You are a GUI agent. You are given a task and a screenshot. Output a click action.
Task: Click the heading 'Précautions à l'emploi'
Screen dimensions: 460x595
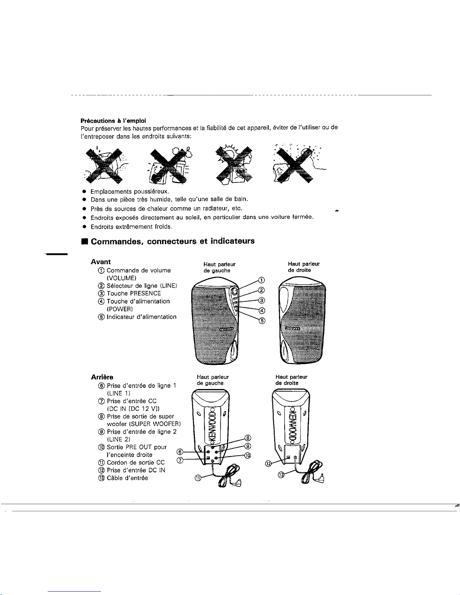click(113, 121)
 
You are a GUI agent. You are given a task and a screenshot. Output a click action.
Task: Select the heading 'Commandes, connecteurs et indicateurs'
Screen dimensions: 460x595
click(172, 241)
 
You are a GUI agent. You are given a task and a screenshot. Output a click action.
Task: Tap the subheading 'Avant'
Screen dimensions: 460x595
click(101, 262)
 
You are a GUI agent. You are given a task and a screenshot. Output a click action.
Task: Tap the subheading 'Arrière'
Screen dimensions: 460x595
click(102, 377)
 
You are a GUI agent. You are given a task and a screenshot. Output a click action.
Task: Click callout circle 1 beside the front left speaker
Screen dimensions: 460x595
click(262, 280)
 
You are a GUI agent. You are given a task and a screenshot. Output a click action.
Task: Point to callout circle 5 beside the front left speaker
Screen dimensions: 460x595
click(262, 321)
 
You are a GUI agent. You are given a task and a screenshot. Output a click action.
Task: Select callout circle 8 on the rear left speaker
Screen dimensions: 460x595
click(248, 438)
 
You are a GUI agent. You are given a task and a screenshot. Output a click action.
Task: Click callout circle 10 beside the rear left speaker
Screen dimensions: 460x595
click(248, 455)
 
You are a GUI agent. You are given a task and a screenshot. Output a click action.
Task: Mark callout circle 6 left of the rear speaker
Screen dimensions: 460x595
click(180, 452)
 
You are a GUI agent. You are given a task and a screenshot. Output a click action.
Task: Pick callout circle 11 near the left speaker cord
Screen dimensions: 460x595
click(198, 478)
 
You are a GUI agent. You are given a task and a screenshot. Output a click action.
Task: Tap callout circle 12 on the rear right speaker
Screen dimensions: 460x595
click(268, 463)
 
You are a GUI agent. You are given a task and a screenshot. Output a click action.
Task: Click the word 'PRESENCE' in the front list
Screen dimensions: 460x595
click(145, 294)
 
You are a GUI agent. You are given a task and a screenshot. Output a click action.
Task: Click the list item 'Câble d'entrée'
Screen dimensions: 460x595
click(127, 478)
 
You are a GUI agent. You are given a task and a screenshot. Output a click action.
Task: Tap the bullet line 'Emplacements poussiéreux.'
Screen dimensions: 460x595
click(130, 191)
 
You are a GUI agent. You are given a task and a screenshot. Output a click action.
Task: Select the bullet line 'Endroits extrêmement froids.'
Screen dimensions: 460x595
click(131, 227)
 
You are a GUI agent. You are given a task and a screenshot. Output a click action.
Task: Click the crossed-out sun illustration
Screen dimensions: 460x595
click(234, 165)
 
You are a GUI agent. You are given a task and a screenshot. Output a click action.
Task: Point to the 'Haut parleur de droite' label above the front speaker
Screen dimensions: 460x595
click(304, 267)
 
